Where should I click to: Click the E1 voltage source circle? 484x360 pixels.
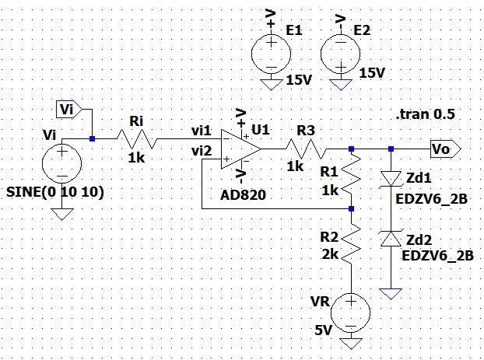tap(269, 52)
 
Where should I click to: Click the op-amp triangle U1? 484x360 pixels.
tap(240, 148)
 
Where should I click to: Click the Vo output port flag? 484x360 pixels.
tap(445, 148)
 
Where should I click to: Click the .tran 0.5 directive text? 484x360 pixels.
tap(425, 114)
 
